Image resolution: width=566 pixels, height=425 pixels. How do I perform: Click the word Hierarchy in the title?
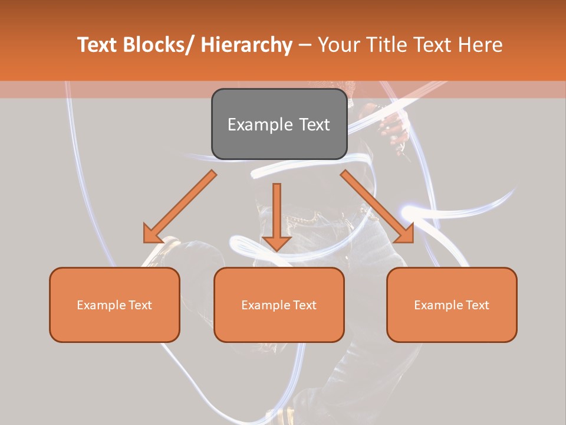point(246,45)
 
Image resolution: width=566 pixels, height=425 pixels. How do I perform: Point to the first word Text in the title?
point(97,45)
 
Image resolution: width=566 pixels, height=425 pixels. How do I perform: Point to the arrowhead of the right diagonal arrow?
point(405,234)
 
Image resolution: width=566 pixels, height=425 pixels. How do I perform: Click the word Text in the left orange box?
point(141,305)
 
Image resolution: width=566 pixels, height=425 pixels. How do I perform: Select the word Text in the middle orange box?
point(305,305)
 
